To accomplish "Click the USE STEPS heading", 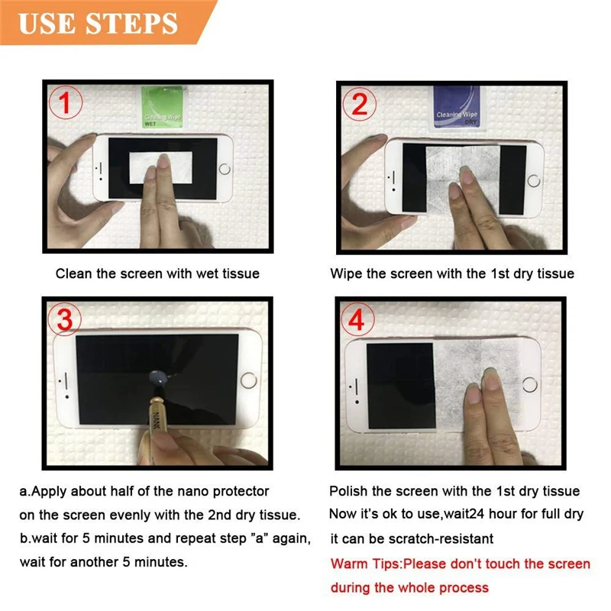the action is coord(98,23).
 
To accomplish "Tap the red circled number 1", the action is coord(66,102).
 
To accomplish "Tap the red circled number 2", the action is coord(359,104).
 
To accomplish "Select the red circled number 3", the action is coord(65,319).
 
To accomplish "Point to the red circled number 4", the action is coord(357,319).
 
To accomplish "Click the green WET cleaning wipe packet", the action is coord(163,107).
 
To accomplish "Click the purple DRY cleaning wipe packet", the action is coord(457,106).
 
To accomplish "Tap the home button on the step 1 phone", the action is coord(225,169).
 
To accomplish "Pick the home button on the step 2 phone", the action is coord(533,180).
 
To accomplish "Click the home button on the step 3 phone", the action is coord(249,380).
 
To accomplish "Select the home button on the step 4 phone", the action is coord(529,385).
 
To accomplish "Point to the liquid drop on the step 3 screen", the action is coord(159,377).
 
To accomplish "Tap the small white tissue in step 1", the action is coord(160,167).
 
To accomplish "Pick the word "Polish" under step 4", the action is coord(348,491).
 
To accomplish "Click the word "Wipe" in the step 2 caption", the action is coord(347,273).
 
